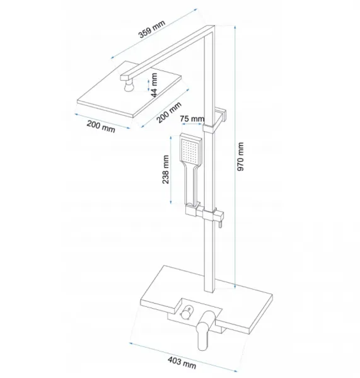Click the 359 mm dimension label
152,29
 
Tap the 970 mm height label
241,157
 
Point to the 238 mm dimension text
166,169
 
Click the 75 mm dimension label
192,119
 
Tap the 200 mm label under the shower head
101,127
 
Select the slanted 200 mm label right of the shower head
169,112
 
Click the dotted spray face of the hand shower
190,150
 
